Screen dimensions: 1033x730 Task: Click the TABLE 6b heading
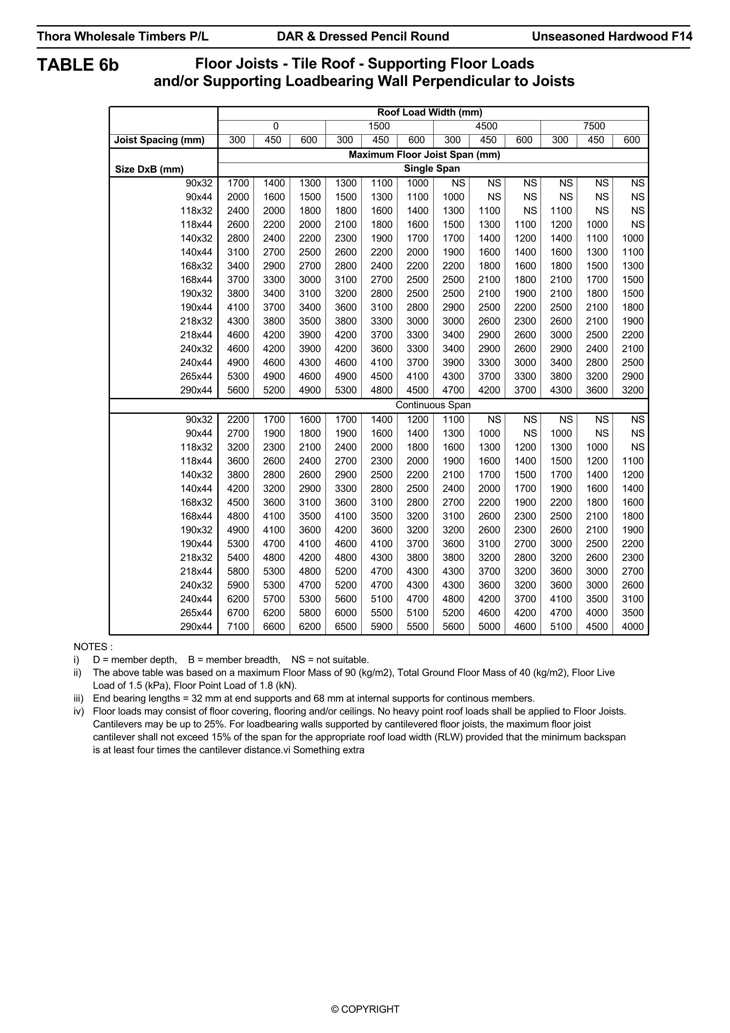pyautogui.click(x=78, y=65)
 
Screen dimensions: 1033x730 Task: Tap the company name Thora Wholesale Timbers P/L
pyautogui.click(x=122, y=37)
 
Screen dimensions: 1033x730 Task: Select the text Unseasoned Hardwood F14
pyautogui.click(x=612, y=37)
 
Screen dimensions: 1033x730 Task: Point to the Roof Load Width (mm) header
pyautogui.click(x=430, y=113)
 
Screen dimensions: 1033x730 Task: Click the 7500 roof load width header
pyautogui.click(x=594, y=126)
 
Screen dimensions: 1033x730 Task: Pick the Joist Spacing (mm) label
pyautogui.click(x=159, y=140)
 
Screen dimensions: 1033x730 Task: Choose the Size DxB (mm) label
pyautogui.click(x=149, y=169)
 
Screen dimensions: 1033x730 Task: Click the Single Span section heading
pyautogui.click(x=432, y=169)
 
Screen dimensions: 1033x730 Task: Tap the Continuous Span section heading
pyautogui.click(x=433, y=405)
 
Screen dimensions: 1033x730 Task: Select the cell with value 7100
pyautogui.click(x=238, y=626)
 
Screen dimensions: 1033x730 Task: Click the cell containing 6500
pyautogui.click(x=345, y=626)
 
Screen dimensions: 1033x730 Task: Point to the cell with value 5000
pyautogui.click(x=489, y=626)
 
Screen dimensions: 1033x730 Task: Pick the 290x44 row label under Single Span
pyautogui.click(x=196, y=390)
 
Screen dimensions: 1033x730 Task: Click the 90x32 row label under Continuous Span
pyautogui.click(x=199, y=420)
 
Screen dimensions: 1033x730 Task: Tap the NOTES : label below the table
pyautogui.click(x=93, y=647)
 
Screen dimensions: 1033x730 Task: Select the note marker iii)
pyautogui.click(x=79, y=699)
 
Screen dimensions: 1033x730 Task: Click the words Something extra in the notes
pyautogui.click(x=329, y=750)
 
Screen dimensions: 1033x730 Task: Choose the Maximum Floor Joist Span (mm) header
pyautogui.click(x=424, y=155)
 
